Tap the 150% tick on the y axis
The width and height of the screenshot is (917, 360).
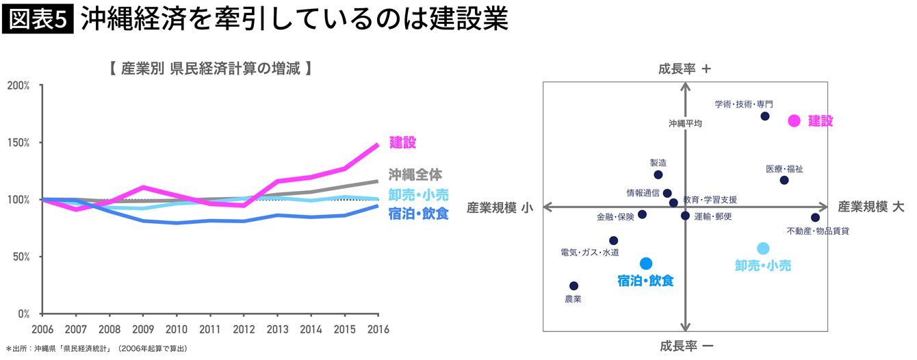[x=18, y=142]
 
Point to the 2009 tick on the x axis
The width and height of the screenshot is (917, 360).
[x=142, y=329]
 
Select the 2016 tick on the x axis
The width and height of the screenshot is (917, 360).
[x=378, y=329]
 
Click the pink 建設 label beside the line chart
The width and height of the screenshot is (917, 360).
[x=403, y=142]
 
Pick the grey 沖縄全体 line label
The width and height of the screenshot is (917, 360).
[x=415, y=175]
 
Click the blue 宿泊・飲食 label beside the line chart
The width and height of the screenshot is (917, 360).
[x=418, y=214]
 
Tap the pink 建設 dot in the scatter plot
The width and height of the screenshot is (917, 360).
[x=794, y=120]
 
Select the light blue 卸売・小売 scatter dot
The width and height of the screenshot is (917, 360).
[x=763, y=248]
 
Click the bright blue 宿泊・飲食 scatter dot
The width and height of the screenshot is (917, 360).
[x=646, y=263]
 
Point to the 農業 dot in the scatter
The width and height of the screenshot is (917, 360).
[x=573, y=286]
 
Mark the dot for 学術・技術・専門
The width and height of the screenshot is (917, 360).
[x=765, y=116]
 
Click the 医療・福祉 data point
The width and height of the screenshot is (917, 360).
[x=784, y=180]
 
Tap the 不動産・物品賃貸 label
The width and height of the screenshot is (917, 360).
[x=818, y=231]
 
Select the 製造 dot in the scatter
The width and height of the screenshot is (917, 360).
[x=658, y=175]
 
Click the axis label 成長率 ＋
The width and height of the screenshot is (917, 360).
[x=685, y=68]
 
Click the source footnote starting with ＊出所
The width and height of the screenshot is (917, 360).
[x=96, y=349]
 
